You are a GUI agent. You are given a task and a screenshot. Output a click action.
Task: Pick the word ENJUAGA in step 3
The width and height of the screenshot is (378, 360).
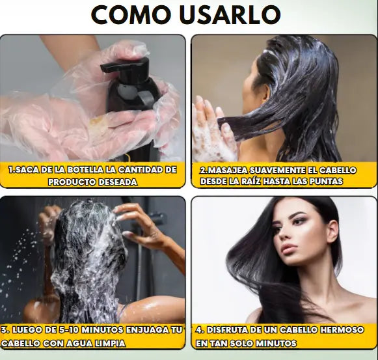click(x=147, y=330)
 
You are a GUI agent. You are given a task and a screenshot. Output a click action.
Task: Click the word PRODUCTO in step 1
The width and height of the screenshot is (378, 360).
click(x=71, y=182)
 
